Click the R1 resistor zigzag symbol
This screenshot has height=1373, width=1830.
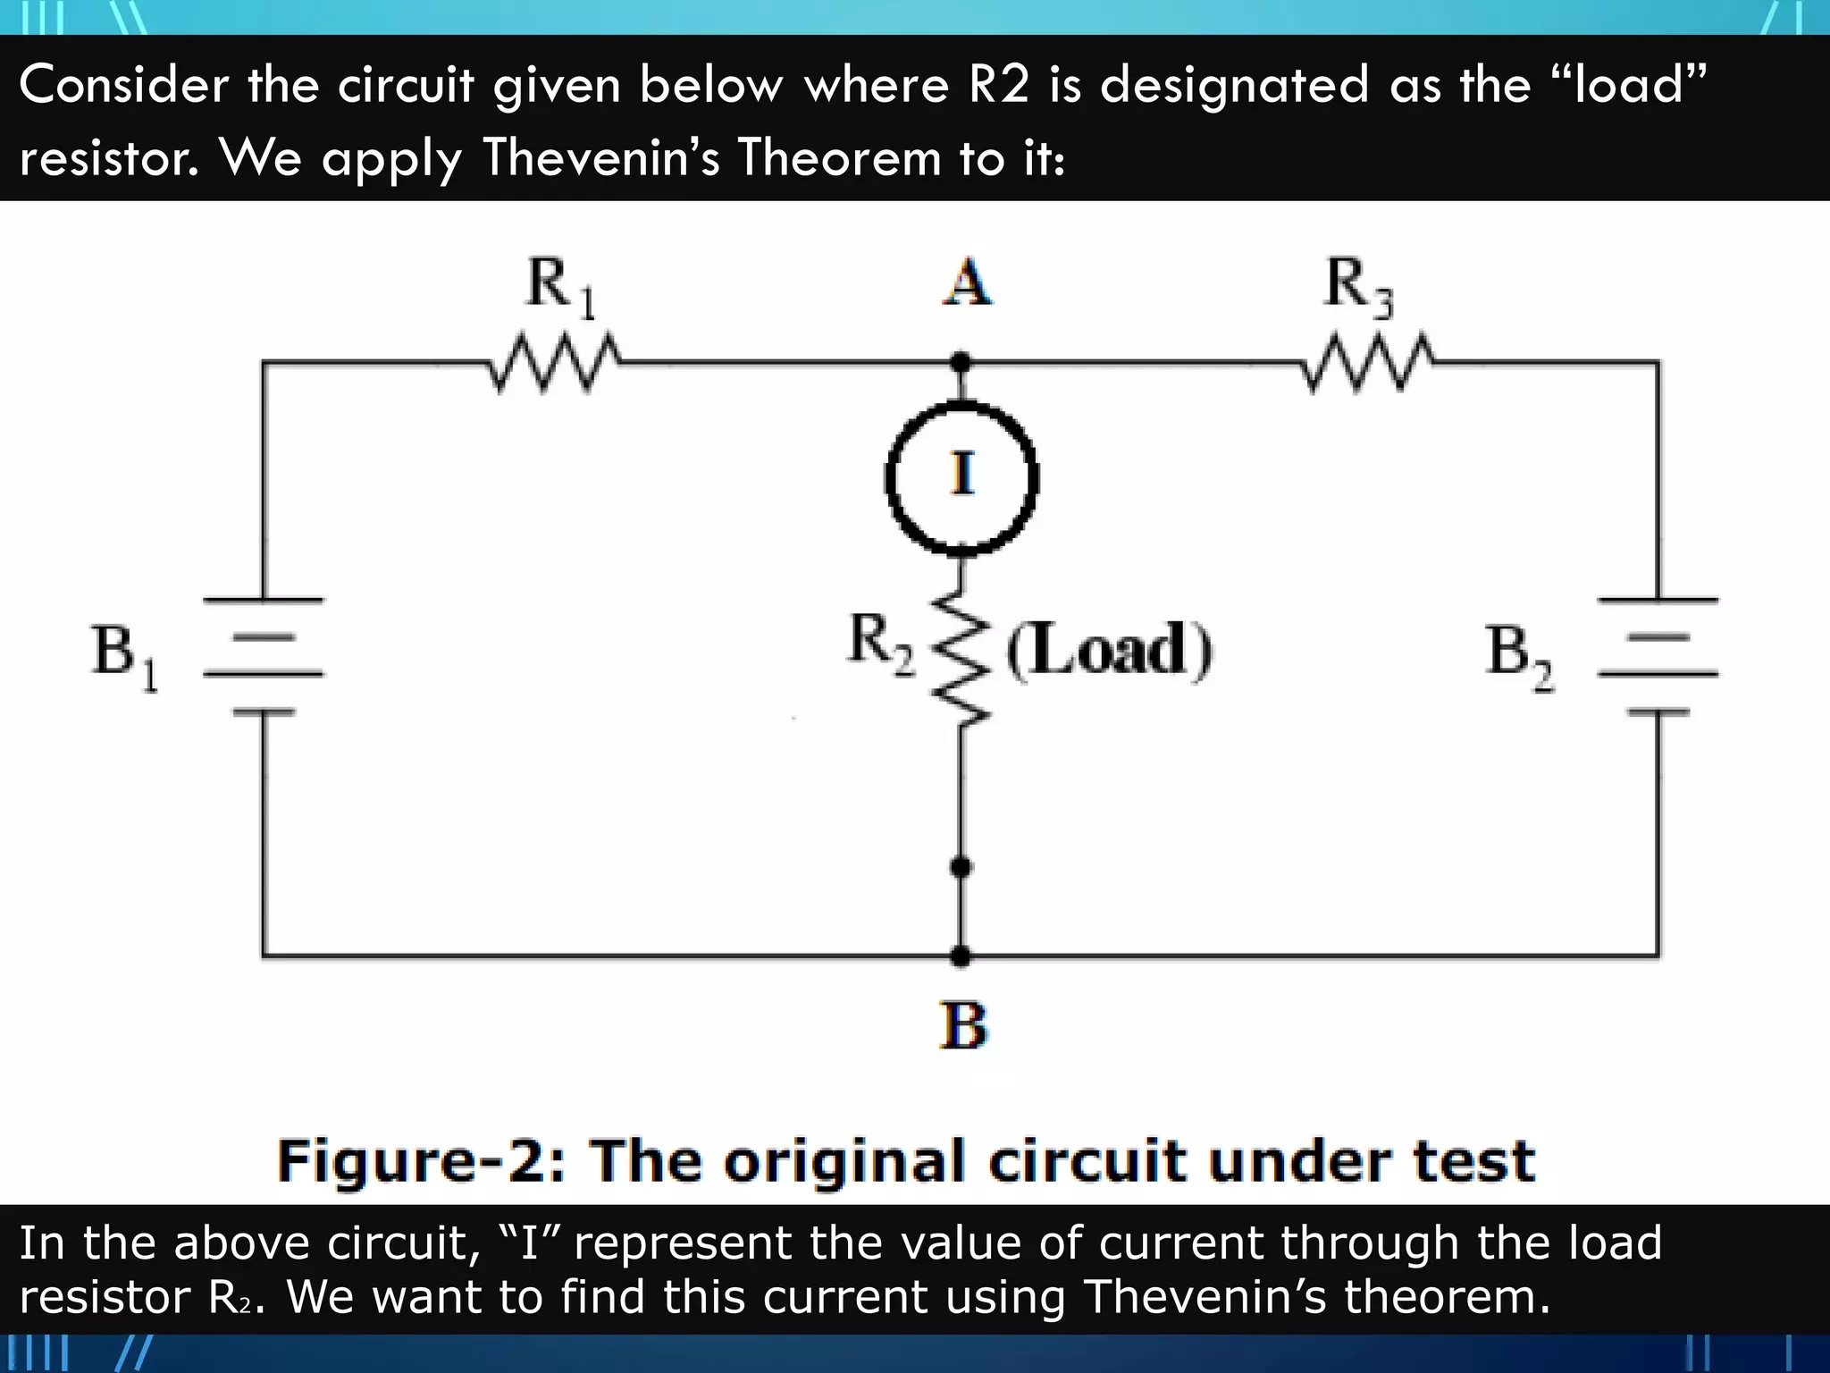pyautogui.click(x=555, y=364)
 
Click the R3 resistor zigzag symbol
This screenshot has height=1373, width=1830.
pyautogui.click(x=1367, y=364)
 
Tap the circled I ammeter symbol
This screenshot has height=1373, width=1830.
pyautogui.click(x=961, y=476)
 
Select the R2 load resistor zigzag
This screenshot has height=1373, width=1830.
pyautogui.click(x=961, y=657)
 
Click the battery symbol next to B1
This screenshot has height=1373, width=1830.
pyautogui.click(x=264, y=655)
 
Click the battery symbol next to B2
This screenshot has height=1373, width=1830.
pyautogui.click(x=1658, y=655)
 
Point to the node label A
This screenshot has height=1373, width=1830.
pyautogui.click(x=967, y=283)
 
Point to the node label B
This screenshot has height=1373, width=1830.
pyautogui.click(x=963, y=1025)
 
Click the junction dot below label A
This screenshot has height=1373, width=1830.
pyautogui.click(x=961, y=363)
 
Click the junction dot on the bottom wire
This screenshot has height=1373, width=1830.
pyautogui.click(x=961, y=956)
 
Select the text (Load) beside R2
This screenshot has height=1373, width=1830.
pyautogui.click(x=1110, y=650)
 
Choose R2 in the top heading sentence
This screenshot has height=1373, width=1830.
pyautogui.click(x=998, y=85)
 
